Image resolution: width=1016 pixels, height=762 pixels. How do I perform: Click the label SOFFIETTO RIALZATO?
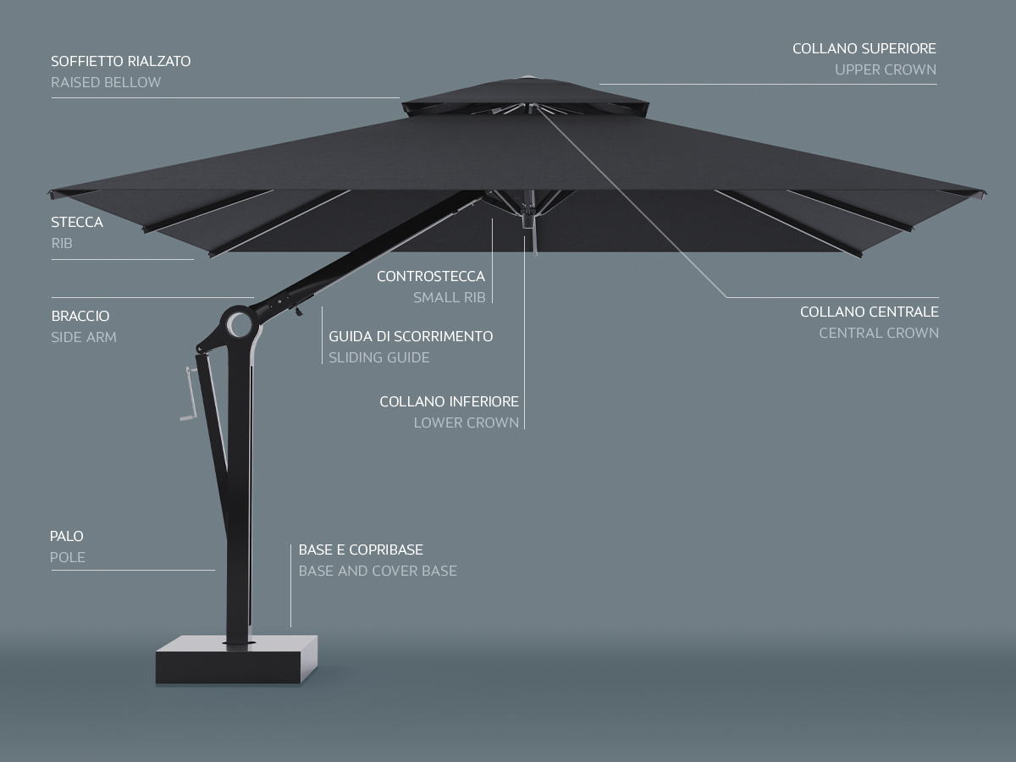pyautogui.click(x=120, y=61)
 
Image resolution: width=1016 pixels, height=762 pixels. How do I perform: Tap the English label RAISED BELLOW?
pyautogui.click(x=106, y=82)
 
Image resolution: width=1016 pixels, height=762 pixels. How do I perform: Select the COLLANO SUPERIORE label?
pyautogui.click(x=864, y=49)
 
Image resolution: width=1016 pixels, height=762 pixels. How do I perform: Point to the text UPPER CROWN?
pyautogui.click(x=886, y=69)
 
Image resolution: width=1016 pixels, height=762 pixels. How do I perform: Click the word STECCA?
pyautogui.click(x=77, y=222)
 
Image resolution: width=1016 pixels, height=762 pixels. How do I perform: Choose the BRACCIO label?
pyautogui.click(x=80, y=316)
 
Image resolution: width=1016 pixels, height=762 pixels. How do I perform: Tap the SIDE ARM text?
pyautogui.click(x=84, y=337)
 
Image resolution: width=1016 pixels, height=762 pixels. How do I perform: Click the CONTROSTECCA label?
pyautogui.click(x=431, y=276)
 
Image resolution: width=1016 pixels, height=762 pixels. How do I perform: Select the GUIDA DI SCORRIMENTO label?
pyautogui.click(x=411, y=336)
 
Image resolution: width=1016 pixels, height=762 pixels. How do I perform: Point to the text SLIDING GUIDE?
pyautogui.click(x=379, y=357)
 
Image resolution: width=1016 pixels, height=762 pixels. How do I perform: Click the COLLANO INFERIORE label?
pyautogui.click(x=449, y=401)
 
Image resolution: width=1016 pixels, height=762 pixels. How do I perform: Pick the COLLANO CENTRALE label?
pyautogui.click(x=869, y=312)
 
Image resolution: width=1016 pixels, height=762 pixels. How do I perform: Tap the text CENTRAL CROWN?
pyautogui.click(x=878, y=333)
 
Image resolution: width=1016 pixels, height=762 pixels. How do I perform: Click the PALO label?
pyautogui.click(x=67, y=536)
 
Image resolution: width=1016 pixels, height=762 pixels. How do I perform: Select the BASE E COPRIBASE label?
pyautogui.click(x=361, y=549)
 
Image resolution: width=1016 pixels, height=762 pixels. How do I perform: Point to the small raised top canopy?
pyautogui.click(x=525, y=93)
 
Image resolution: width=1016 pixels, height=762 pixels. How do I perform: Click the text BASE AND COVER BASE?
pyautogui.click(x=378, y=571)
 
